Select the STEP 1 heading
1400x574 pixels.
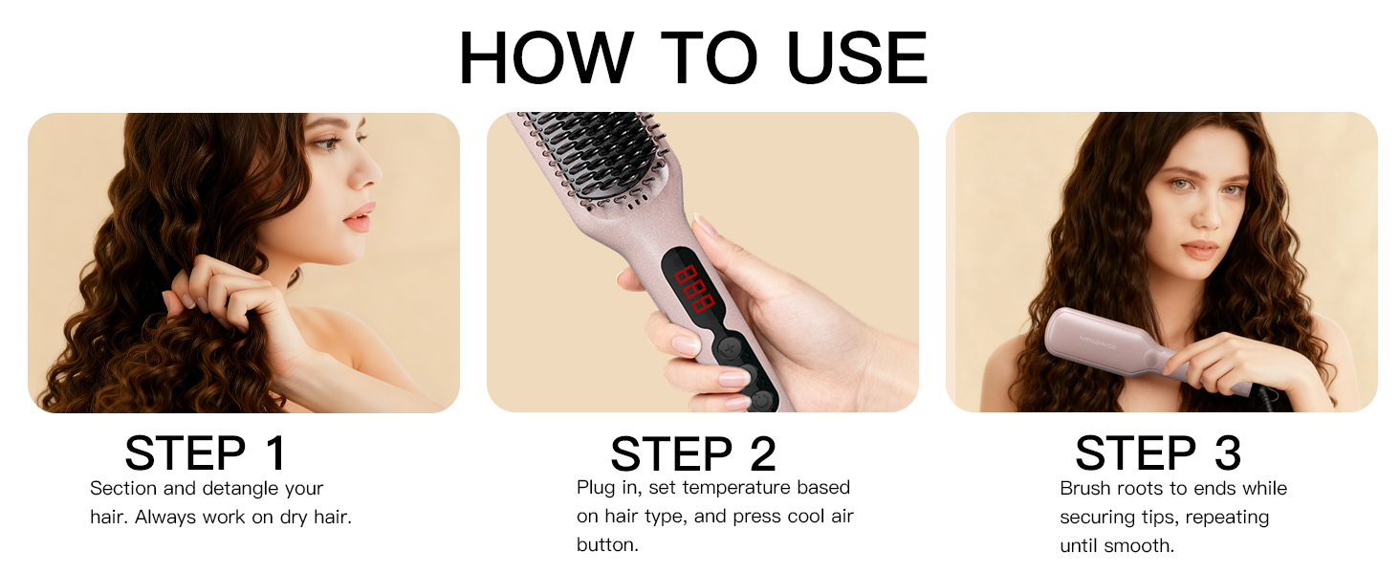pyautogui.click(x=206, y=453)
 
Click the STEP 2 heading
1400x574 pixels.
pyautogui.click(x=693, y=453)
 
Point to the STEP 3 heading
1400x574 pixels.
pyautogui.click(x=1158, y=453)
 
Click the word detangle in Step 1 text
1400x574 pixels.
pyautogui.click(x=240, y=489)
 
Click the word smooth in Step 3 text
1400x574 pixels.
pyautogui.click(x=1144, y=546)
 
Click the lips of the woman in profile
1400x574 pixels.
pyautogui.click(x=357, y=217)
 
